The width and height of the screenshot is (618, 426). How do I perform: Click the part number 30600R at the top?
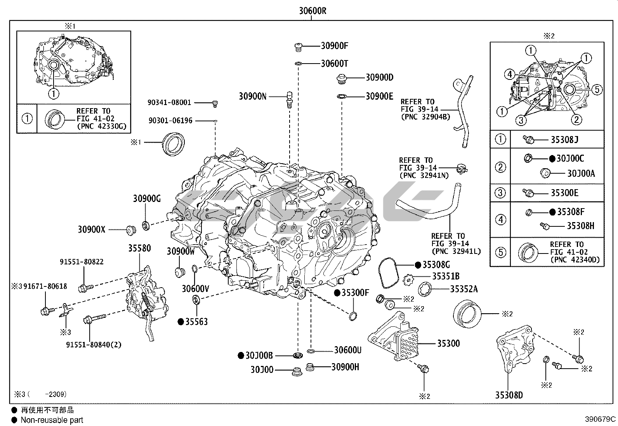coord(312,11)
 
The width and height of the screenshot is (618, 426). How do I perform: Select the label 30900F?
coord(334,46)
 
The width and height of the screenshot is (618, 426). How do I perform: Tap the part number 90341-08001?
coord(169,103)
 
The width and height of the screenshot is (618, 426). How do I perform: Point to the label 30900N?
coord(252,97)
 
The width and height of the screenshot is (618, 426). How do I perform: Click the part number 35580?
coord(139,248)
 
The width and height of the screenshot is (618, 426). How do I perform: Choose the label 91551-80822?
coord(82,262)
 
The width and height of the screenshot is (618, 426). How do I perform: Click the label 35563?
coord(196,322)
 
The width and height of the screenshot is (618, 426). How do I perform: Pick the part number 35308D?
coord(509,395)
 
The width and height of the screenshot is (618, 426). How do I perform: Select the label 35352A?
coord(464,289)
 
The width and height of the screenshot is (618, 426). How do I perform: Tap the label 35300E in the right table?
coord(564,193)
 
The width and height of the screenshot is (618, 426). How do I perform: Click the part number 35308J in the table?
coord(564,140)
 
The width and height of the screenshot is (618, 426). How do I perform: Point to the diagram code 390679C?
coord(600,419)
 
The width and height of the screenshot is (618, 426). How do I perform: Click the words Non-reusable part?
coord(52,420)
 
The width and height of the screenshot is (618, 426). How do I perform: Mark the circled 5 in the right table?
coord(500,252)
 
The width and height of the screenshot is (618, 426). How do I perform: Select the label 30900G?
coord(147,199)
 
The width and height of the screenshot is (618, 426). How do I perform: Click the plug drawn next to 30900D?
coord(341,78)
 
